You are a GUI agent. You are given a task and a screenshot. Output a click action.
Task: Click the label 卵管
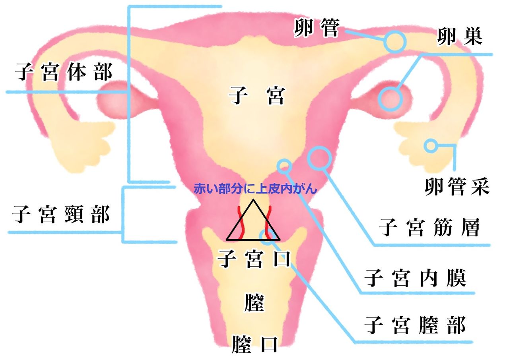pyautogui.click(x=317, y=28)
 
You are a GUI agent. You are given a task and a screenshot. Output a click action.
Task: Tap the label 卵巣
pyautogui.click(x=460, y=37)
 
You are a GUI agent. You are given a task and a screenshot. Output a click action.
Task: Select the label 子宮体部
pyautogui.click(x=63, y=72)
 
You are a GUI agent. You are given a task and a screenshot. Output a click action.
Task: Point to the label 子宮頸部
pyautogui.click(x=61, y=215)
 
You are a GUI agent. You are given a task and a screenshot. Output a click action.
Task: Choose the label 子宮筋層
pyautogui.click(x=429, y=227)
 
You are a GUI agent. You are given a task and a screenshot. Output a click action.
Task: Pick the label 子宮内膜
pyautogui.click(x=416, y=278)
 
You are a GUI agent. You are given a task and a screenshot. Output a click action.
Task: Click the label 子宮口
pyautogui.click(x=254, y=259)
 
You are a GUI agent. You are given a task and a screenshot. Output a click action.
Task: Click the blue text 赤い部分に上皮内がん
pyautogui.click(x=255, y=189)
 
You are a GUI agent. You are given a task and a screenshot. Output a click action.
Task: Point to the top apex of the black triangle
pyautogui.click(x=253, y=199)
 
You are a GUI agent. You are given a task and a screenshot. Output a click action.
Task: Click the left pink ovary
pyautogui.click(x=114, y=100)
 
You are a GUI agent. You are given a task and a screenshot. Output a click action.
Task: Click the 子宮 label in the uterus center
pyautogui.click(x=257, y=96)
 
